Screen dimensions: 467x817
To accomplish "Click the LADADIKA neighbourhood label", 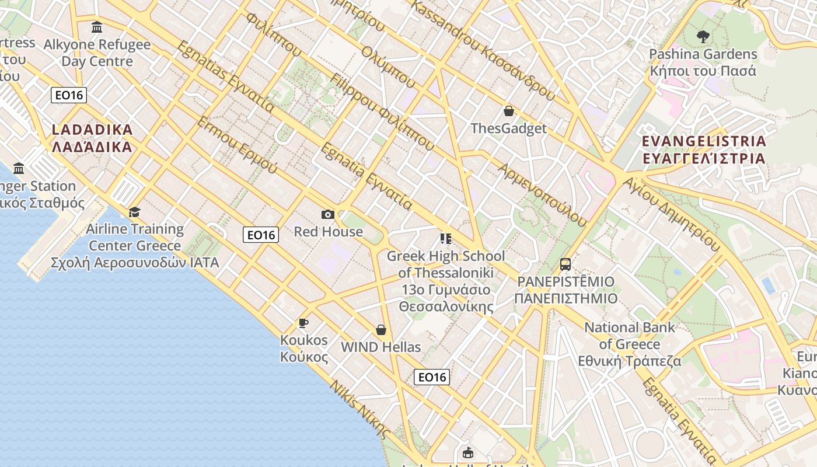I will point(92,138).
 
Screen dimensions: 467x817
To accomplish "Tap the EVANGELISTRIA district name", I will point(704,150).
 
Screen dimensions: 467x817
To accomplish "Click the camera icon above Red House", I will point(328,215).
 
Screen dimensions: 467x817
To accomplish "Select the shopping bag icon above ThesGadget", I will point(509,111).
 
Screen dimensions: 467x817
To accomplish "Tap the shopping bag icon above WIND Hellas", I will point(381,330).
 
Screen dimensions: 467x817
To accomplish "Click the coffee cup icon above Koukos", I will point(303,322).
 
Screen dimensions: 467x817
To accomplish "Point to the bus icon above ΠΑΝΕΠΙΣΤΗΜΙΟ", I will point(565,264).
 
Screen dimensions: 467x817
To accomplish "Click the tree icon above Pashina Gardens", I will point(703,36).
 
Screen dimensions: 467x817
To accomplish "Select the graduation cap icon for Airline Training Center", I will point(135,212).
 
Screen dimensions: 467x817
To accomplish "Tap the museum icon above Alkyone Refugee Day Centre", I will point(97,27).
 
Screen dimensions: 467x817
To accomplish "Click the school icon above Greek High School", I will point(446,238).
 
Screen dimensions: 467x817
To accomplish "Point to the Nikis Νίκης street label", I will point(359,409).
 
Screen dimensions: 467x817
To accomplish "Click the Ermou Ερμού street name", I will point(237,145).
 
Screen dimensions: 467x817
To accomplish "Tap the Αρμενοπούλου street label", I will point(542,194).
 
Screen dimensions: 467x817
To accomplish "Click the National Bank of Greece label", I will point(630,344).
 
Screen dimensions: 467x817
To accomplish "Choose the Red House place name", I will point(328,232).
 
